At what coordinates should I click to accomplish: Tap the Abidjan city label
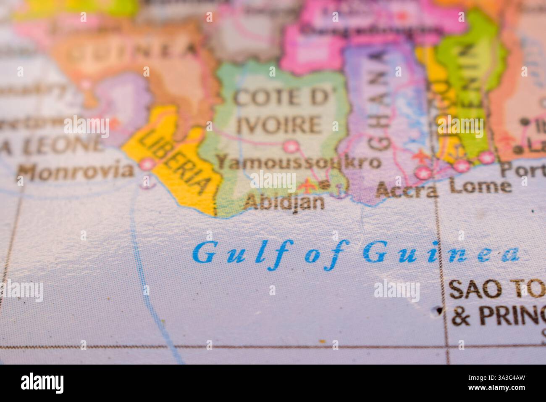click(x=284, y=203)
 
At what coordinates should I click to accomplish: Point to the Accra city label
click(x=407, y=190)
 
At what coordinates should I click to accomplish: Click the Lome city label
click(x=480, y=186)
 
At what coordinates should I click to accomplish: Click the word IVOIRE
click(x=279, y=125)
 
